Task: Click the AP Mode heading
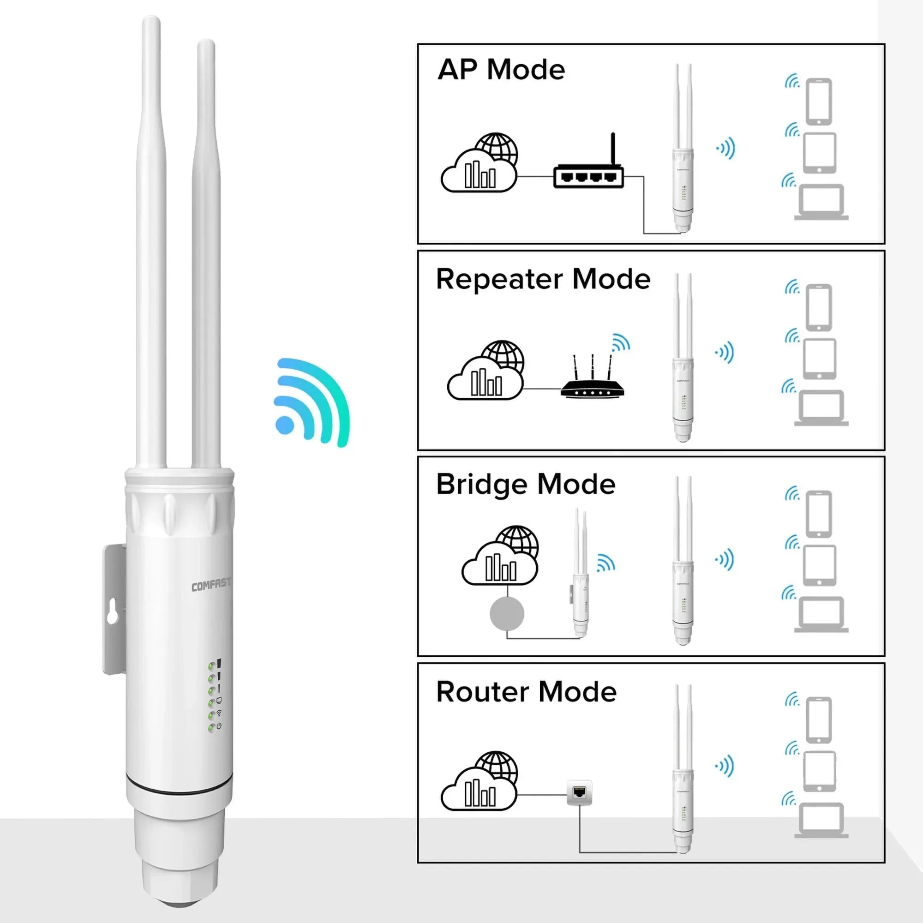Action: (x=501, y=70)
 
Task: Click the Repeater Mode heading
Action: (x=543, y=279)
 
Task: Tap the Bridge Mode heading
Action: (x=526, y=485)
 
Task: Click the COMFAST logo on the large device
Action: (x=211, y=584)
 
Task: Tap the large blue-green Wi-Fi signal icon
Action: (x=312, y=402)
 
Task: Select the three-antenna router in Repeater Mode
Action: (x=593, y=376)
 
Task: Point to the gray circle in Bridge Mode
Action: (x=507, y=614)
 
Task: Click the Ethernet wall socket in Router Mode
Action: (x=580, y=792)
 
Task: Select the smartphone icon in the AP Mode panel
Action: (x=819, y=102)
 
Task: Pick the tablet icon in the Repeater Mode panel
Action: (x=819, y=359)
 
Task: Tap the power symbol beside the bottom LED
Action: (x=219, y=726)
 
